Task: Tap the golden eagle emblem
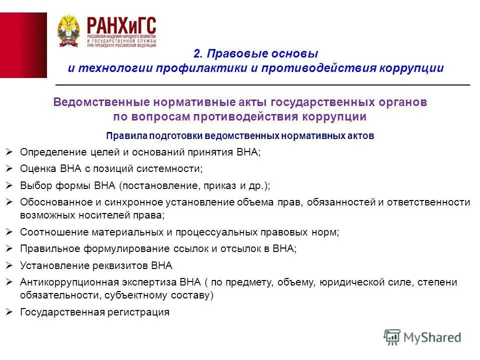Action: (x=68, y=30)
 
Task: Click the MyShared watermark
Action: (x=422, y=337)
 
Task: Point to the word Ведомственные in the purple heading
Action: (x=94, y=102)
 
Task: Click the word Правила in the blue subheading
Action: (x=120, y=135)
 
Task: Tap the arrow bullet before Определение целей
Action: (x=9, y=151)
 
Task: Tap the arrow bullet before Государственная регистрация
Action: (x=9, y=312)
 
